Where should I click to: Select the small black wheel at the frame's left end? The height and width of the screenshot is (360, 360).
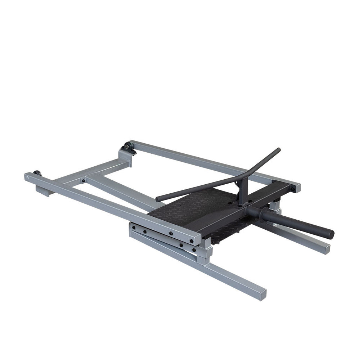click(37, 174)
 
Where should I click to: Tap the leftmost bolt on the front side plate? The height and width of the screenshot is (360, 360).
click(134, 228)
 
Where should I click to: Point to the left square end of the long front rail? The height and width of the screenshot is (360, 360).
click(28, 177)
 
